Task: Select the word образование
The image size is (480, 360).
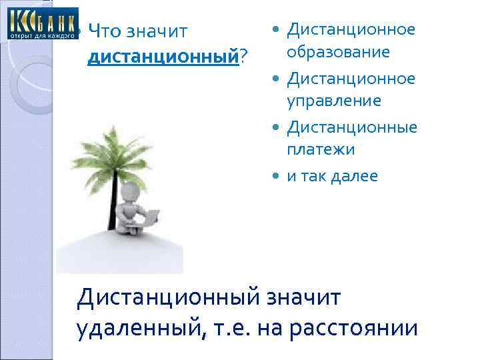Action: coord(338,53)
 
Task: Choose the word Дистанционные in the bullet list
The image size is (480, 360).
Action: coord(352,127)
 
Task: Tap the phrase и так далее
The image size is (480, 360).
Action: coord(332,176)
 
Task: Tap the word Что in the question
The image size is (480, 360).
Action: coord(103,31)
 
